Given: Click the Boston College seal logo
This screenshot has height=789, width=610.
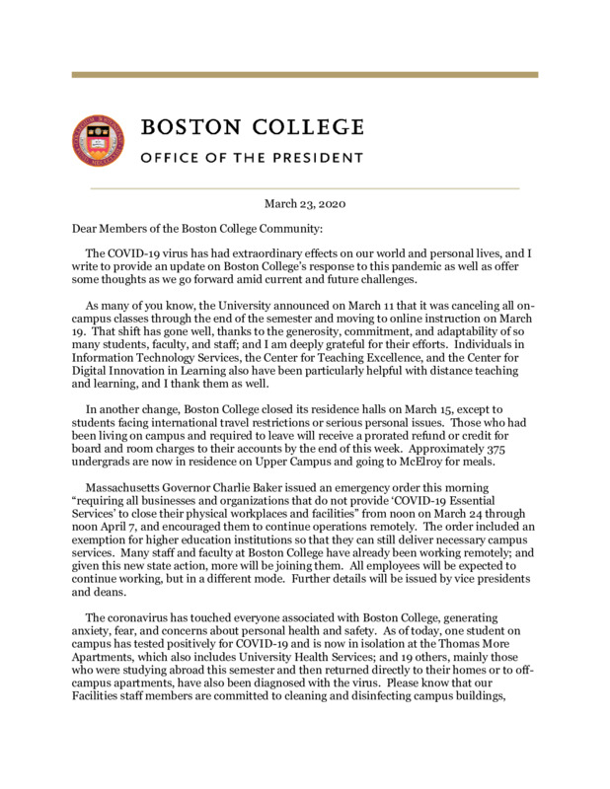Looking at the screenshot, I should (x=98, y=140).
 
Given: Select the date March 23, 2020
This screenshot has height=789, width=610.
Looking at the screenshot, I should (x=304, y=203).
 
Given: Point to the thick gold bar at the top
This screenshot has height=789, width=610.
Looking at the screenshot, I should (x=304, y=74).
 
